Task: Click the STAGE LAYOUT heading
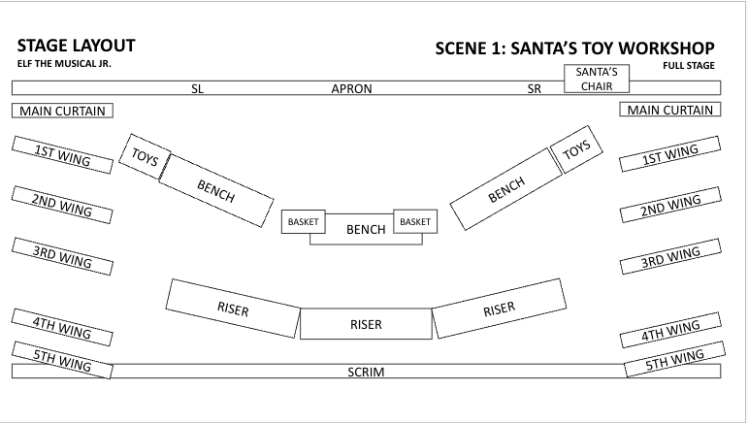[76, 46]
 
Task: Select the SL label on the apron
[197, 88]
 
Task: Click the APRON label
[352, 88]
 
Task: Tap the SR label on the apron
[534, 88]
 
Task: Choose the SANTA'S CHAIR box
[597, 79]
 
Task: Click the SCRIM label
[367, 372]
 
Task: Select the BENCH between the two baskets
[366, 230]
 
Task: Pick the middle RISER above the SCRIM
[366, 324]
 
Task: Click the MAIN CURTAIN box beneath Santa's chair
[670, 110]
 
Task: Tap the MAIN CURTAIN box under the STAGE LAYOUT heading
[62, 111]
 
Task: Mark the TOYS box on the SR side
[576, 150]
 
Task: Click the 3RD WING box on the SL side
[62, 257]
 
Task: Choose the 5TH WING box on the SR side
[670, 361]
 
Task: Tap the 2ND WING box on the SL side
[62, 206]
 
